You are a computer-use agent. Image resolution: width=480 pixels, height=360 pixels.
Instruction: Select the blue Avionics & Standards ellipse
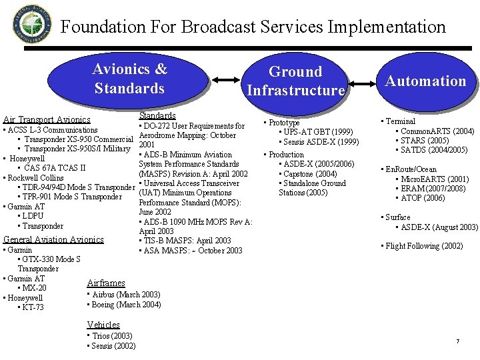coord(129,79)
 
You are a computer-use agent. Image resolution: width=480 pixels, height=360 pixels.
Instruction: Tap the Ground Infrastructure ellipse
coord(295,81)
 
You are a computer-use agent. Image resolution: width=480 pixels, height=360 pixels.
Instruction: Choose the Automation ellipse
coord(425,81)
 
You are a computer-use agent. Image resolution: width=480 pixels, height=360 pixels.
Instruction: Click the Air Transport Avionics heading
coord(47,120)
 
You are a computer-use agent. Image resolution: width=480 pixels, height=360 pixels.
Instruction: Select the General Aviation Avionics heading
coord(54,239)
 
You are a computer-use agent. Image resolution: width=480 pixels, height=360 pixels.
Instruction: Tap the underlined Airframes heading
coord(106,283)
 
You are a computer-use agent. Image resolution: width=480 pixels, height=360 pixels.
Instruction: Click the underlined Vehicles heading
coord(103,325)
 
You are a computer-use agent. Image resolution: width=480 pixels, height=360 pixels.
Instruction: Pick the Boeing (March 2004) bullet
coord(124,305)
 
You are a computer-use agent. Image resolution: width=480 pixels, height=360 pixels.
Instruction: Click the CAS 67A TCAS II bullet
coord(54,168)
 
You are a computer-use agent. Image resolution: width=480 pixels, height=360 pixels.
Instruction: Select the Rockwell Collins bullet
coord(34,178)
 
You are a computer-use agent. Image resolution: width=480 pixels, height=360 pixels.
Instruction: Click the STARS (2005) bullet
coord(427,141)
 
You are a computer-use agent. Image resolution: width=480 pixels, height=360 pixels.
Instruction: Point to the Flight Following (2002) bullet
coord(422,246)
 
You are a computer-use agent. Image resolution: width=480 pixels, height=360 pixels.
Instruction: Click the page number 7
coord(457,341)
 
